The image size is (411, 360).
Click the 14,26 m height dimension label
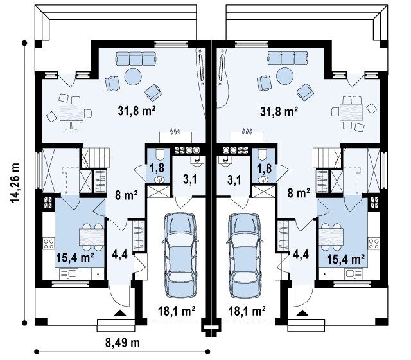15,183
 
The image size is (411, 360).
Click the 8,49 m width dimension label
123,343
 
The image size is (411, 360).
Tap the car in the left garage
180,255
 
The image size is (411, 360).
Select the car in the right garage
245,255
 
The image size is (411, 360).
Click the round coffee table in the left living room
133,76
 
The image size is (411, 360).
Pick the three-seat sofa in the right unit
287,58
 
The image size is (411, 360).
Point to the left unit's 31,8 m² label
137,111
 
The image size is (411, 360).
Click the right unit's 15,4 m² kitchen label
345,259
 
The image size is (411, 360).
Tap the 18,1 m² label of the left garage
177,311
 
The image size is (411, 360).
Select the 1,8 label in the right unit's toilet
264,168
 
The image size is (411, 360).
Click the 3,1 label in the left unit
190,180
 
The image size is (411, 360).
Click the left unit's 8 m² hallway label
126,195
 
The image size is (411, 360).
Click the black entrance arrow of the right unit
302,312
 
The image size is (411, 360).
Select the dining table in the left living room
71,113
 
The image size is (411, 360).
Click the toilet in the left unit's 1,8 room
160,154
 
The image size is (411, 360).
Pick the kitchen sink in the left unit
68,274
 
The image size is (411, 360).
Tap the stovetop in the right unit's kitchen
374,243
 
